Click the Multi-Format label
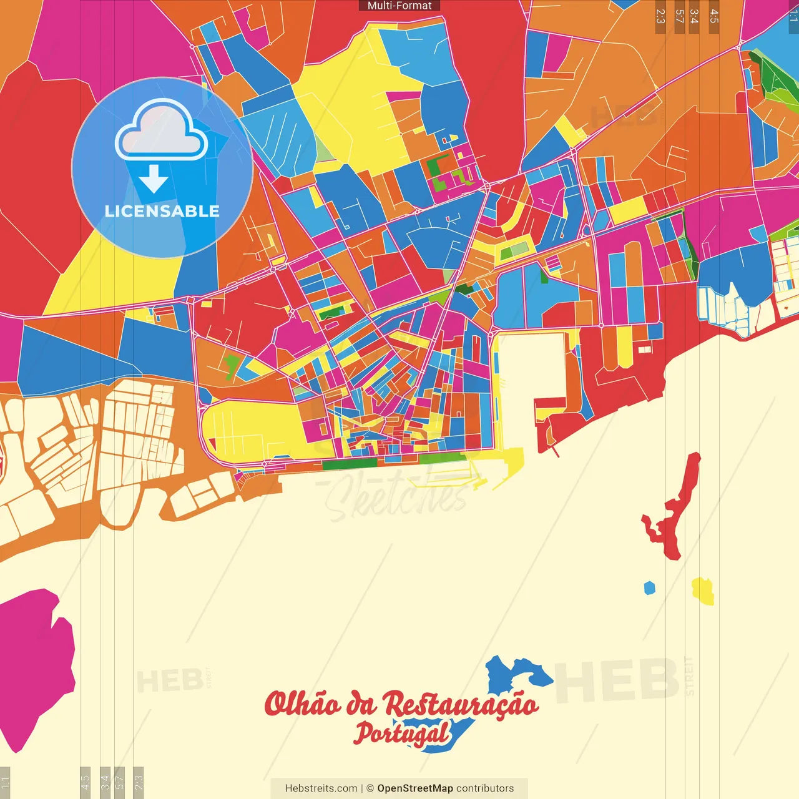(x=399, y=6)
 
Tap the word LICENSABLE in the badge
(x=162, y=211)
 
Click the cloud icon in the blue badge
(x=161, y=129)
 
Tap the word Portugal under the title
(x=402, y=733)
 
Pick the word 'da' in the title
(x=361, y=705)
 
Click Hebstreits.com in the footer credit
(x=321, y=788)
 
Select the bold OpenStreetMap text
(x=415, y=788)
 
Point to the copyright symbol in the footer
(x=370, y=788)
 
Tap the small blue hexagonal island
(x=650, y=588)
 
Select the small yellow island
(x=703, y=591)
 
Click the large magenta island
(x=34, y=668)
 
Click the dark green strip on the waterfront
(x=350, y=464)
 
